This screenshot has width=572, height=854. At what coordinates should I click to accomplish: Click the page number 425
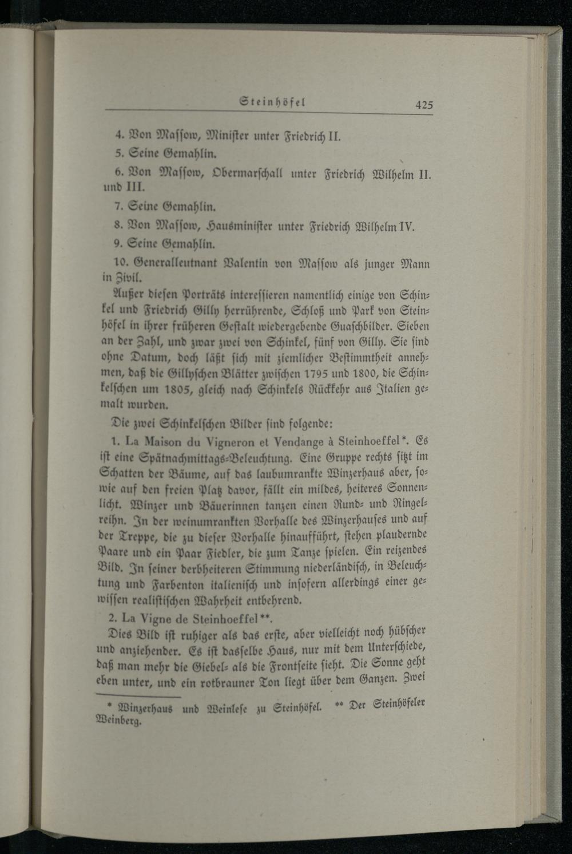(x=424, y=104)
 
